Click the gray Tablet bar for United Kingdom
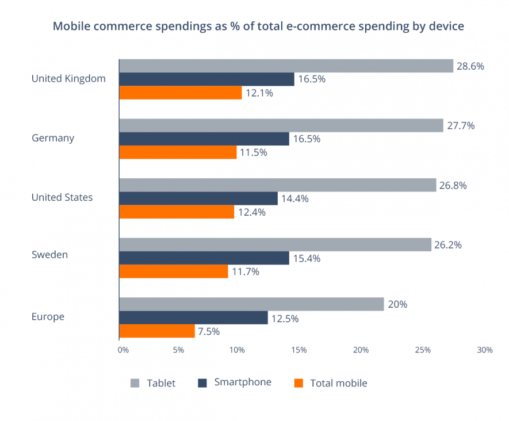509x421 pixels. click(286, 66)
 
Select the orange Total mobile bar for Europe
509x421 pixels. click(157, 331)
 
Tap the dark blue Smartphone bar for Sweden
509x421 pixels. click(204, 258)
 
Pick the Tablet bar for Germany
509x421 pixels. click(281, 125)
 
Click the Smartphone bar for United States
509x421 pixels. click(198, 198)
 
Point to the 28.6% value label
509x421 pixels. click(470, 66)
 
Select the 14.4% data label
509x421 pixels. click(295, 199)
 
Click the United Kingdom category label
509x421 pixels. click(68, 79)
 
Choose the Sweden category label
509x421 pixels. click(49, 254)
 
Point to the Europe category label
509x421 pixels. click(48, 317)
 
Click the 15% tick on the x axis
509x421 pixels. click(299, 350)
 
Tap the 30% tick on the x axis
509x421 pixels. click(484, 350)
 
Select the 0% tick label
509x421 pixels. click(123, 350)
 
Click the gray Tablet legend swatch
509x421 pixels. click(136, 383)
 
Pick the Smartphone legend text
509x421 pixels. click(242, 382)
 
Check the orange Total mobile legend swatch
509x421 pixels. click(298, 383)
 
